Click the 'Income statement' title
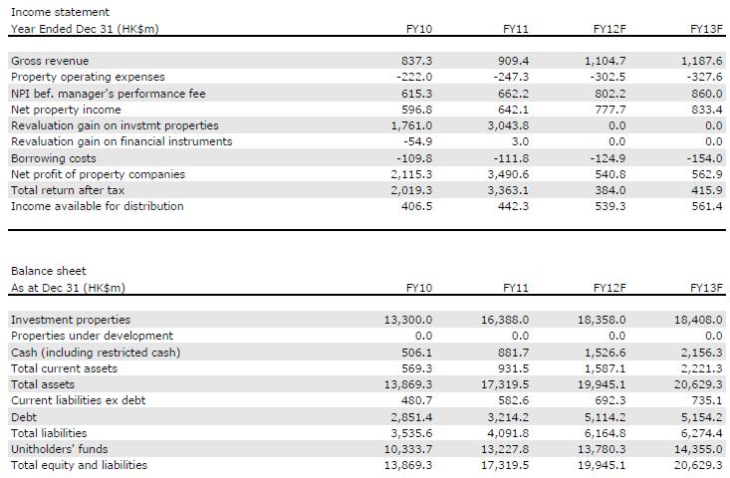(x=60, y=12)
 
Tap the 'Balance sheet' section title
(x=49, y=271)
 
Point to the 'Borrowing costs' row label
(x=54, y=158)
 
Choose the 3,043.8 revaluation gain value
(x=509, y=125)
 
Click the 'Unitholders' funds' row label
(x=59, y=449)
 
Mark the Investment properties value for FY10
(x=408, y=320)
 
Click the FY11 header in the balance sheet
(x=516, y=288)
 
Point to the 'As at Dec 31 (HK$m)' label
(x=68, y=288)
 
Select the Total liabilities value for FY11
(x=509, y=433)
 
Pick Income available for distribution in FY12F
(x=610, y=206)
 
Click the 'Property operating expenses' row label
(x=88, y=77)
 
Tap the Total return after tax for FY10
(x=412, y=190)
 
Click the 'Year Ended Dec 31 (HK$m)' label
(x=85, y=29)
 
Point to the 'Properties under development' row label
(x=92, y=336)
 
